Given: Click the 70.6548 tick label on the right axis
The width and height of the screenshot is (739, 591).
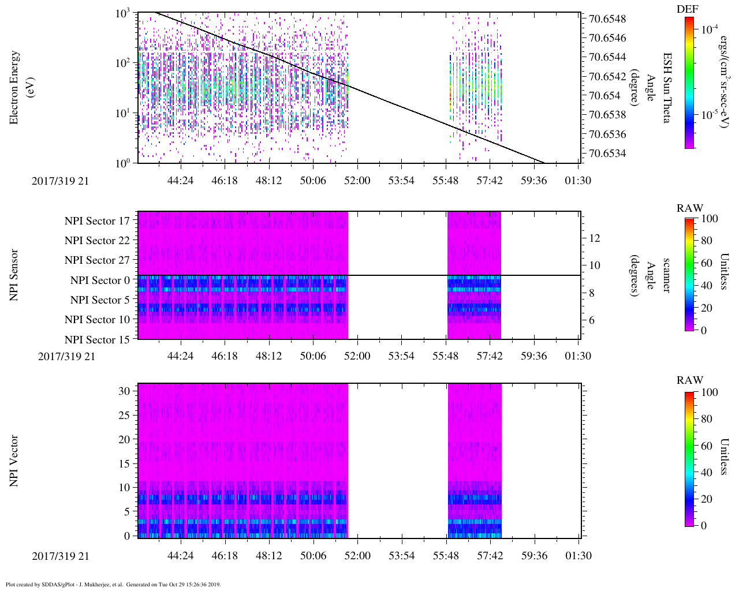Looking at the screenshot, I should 607,19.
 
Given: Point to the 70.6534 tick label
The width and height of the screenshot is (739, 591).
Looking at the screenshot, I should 607,154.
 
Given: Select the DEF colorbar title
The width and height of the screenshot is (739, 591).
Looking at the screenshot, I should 687,9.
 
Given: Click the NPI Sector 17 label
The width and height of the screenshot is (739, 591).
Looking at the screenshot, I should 97,221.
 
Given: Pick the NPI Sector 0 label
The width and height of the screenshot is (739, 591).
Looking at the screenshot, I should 100,280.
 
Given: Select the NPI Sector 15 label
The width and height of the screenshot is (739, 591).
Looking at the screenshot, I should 97,340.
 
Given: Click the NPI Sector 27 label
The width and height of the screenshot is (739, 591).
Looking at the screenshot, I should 97,260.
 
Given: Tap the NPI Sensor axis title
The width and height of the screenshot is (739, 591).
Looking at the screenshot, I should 14,275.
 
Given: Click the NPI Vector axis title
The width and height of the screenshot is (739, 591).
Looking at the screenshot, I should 14,461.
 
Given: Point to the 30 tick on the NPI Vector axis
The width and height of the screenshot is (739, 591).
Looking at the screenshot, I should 124,391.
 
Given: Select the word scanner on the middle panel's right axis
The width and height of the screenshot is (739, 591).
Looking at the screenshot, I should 666,275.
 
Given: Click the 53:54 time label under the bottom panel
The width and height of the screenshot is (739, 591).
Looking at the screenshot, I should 401,556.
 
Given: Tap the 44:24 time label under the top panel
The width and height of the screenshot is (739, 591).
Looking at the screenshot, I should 180,181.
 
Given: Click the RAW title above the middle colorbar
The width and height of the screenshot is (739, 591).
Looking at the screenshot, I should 690,208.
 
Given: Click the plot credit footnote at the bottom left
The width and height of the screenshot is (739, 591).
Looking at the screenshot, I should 113,584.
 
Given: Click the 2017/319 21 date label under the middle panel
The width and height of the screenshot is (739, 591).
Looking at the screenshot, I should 66,356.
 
